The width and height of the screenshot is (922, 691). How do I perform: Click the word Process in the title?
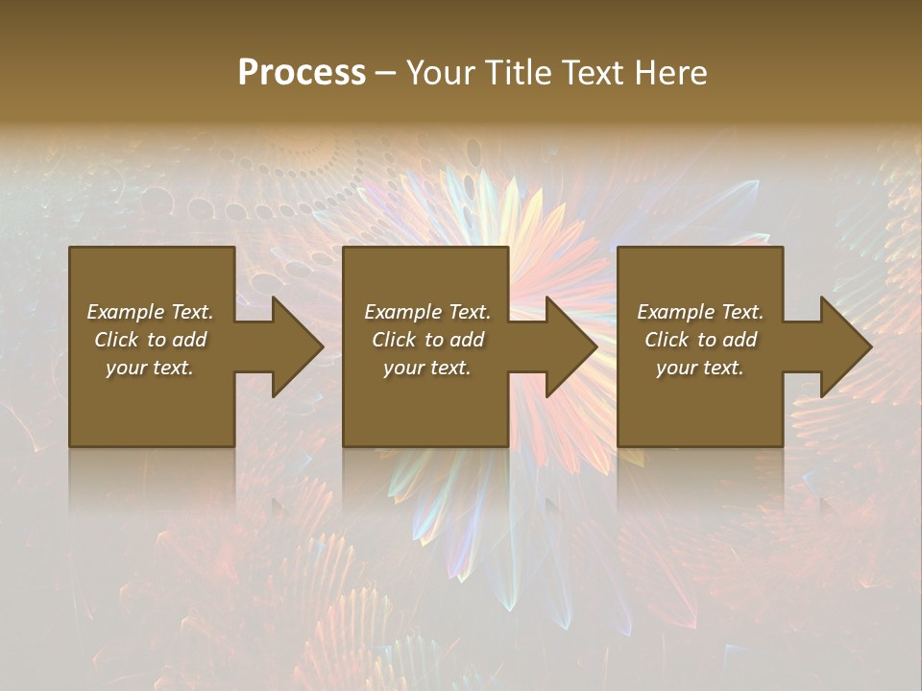pyautogui.click(x=302, y=73)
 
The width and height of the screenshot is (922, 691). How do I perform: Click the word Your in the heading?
pyautogui.click(x=440, y=73)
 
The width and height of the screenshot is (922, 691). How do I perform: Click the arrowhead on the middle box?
pyautogui.click(x=570, y=346)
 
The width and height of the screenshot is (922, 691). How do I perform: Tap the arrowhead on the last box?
pyautogui.click(x=844, y=346)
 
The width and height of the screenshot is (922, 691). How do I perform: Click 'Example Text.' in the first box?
pyautogui.click(x=150, y=312)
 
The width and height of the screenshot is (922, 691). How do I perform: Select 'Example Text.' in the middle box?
pyautogui.click(x=427, y=312)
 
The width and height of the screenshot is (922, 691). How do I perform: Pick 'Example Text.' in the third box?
pyautogui.click(x=700, y=312)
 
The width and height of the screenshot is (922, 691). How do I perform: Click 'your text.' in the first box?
pyautogui.click(x=150, y=368)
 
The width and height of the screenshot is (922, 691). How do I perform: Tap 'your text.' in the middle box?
pyautogui.click(x=427, y=368)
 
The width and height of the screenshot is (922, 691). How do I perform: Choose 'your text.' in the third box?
pyautogui.click(x=700, y=368)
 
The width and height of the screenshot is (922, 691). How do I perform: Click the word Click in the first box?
pyautogui.click(x=116, y=340)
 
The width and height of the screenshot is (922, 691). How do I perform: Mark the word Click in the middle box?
pyautogui.click(x=394, y=340)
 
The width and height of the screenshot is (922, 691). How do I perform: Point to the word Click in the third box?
pyautogui.click(x=667, y=340)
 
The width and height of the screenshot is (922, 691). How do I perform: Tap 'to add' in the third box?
pyautogui.click(x=732, y=340)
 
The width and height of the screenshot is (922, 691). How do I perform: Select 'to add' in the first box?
pyautogui.click(x=182, y=340)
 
